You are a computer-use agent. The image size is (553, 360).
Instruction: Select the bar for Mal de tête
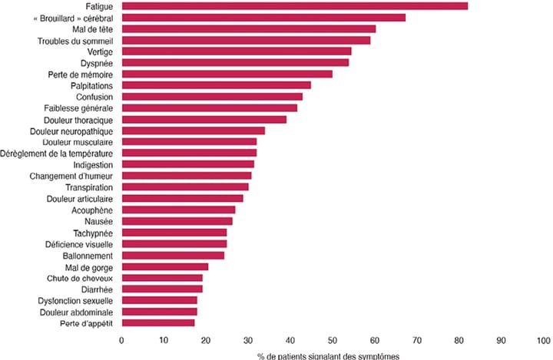pyautogui.click(x=249, y=28)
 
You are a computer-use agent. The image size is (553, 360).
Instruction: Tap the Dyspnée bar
pyautogui.click(x=235, y=62)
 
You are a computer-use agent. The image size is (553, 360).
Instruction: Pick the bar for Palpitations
pyautogui.click(x=217, y=85)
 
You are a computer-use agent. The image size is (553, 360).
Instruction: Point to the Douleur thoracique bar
pyautogui.click(x=204, y=119)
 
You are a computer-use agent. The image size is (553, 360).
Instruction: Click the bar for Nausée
pyautogui.click(x=177, y=221)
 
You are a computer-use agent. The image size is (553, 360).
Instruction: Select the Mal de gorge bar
pyautogui.click(x=165, y=266)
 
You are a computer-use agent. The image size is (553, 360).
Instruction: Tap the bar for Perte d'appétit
pyautogui.click(x=158, y=323)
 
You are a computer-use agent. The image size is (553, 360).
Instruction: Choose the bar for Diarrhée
pyautogui.click(x=162, y=289)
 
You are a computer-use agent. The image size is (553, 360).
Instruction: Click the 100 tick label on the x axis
pyautogui.click(x=542, y=339)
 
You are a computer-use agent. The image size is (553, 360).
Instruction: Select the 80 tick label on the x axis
pyautogui.click(x=459, y=339)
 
